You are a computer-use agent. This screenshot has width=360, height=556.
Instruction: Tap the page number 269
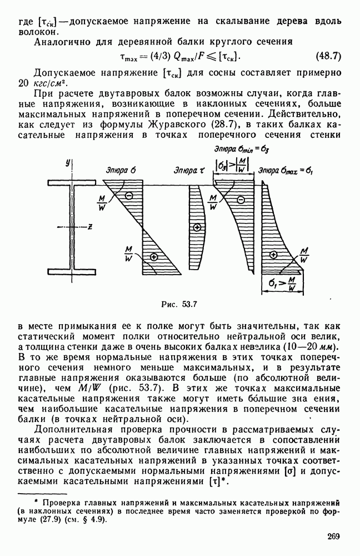[333, 537]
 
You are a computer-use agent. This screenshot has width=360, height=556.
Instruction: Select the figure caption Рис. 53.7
[179, 304]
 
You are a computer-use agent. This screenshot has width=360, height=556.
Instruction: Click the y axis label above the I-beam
[67, 162]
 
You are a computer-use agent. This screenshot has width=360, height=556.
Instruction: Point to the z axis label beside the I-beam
[89, 226]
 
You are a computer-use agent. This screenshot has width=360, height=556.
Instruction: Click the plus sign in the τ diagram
[196, 228]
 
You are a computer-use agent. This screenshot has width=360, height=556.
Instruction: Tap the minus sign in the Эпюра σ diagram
[128, 195]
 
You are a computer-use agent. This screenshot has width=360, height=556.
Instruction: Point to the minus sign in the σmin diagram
[241, 200]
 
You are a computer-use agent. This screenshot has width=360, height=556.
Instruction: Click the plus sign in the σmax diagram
[272, 255]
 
